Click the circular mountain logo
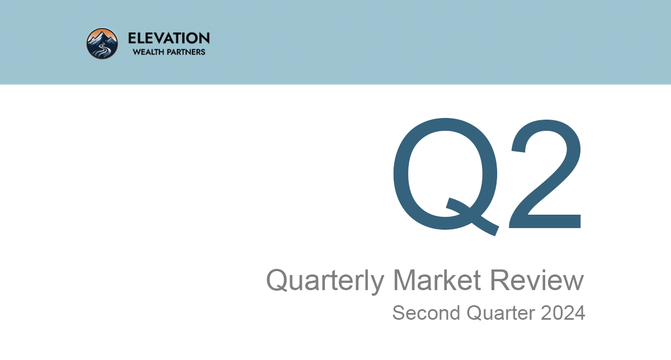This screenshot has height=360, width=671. point(102,44)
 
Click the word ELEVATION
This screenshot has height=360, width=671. point(169,39)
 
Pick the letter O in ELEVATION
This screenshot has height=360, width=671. point(192,39)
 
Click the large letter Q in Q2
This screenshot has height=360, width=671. point(446,176)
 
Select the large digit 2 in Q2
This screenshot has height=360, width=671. point(545,174)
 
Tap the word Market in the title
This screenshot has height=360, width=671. point(437,280)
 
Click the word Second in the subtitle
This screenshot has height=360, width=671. point(426,312)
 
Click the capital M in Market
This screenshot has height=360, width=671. point(404,280)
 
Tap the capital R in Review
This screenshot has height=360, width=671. point(500,280)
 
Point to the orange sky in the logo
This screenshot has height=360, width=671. point(110,35)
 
